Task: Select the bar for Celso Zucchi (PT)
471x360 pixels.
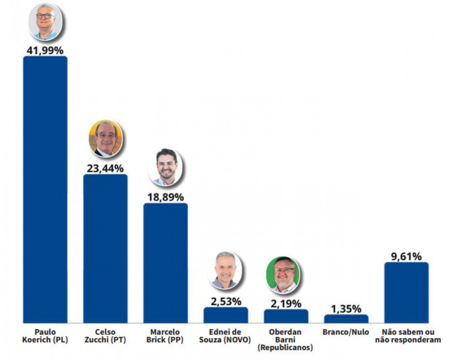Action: point(105,248)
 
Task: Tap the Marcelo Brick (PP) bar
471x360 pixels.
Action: point(165,263)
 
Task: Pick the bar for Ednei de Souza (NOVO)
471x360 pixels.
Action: point(226,315)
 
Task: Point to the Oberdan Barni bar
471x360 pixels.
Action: point(286,316)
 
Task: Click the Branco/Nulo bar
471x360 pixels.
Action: point(346,318)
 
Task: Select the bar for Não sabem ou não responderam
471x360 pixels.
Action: point(406,292)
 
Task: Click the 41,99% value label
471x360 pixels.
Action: point(45,50)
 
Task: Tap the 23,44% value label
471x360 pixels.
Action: point(105,168)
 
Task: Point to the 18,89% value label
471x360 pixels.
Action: point(165,197)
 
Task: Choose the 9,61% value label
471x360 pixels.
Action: point(406,256)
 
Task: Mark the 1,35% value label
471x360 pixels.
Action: point(346,309)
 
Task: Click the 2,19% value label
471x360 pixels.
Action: point(286,303)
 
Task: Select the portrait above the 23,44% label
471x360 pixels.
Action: point(105,138)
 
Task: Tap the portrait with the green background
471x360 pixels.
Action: point(283,275)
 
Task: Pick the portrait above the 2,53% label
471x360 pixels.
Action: point(225,271)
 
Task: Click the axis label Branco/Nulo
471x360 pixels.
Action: point(346,332)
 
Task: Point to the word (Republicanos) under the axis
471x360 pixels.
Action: point(285,348)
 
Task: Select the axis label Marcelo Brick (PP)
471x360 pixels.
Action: point(165,336)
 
